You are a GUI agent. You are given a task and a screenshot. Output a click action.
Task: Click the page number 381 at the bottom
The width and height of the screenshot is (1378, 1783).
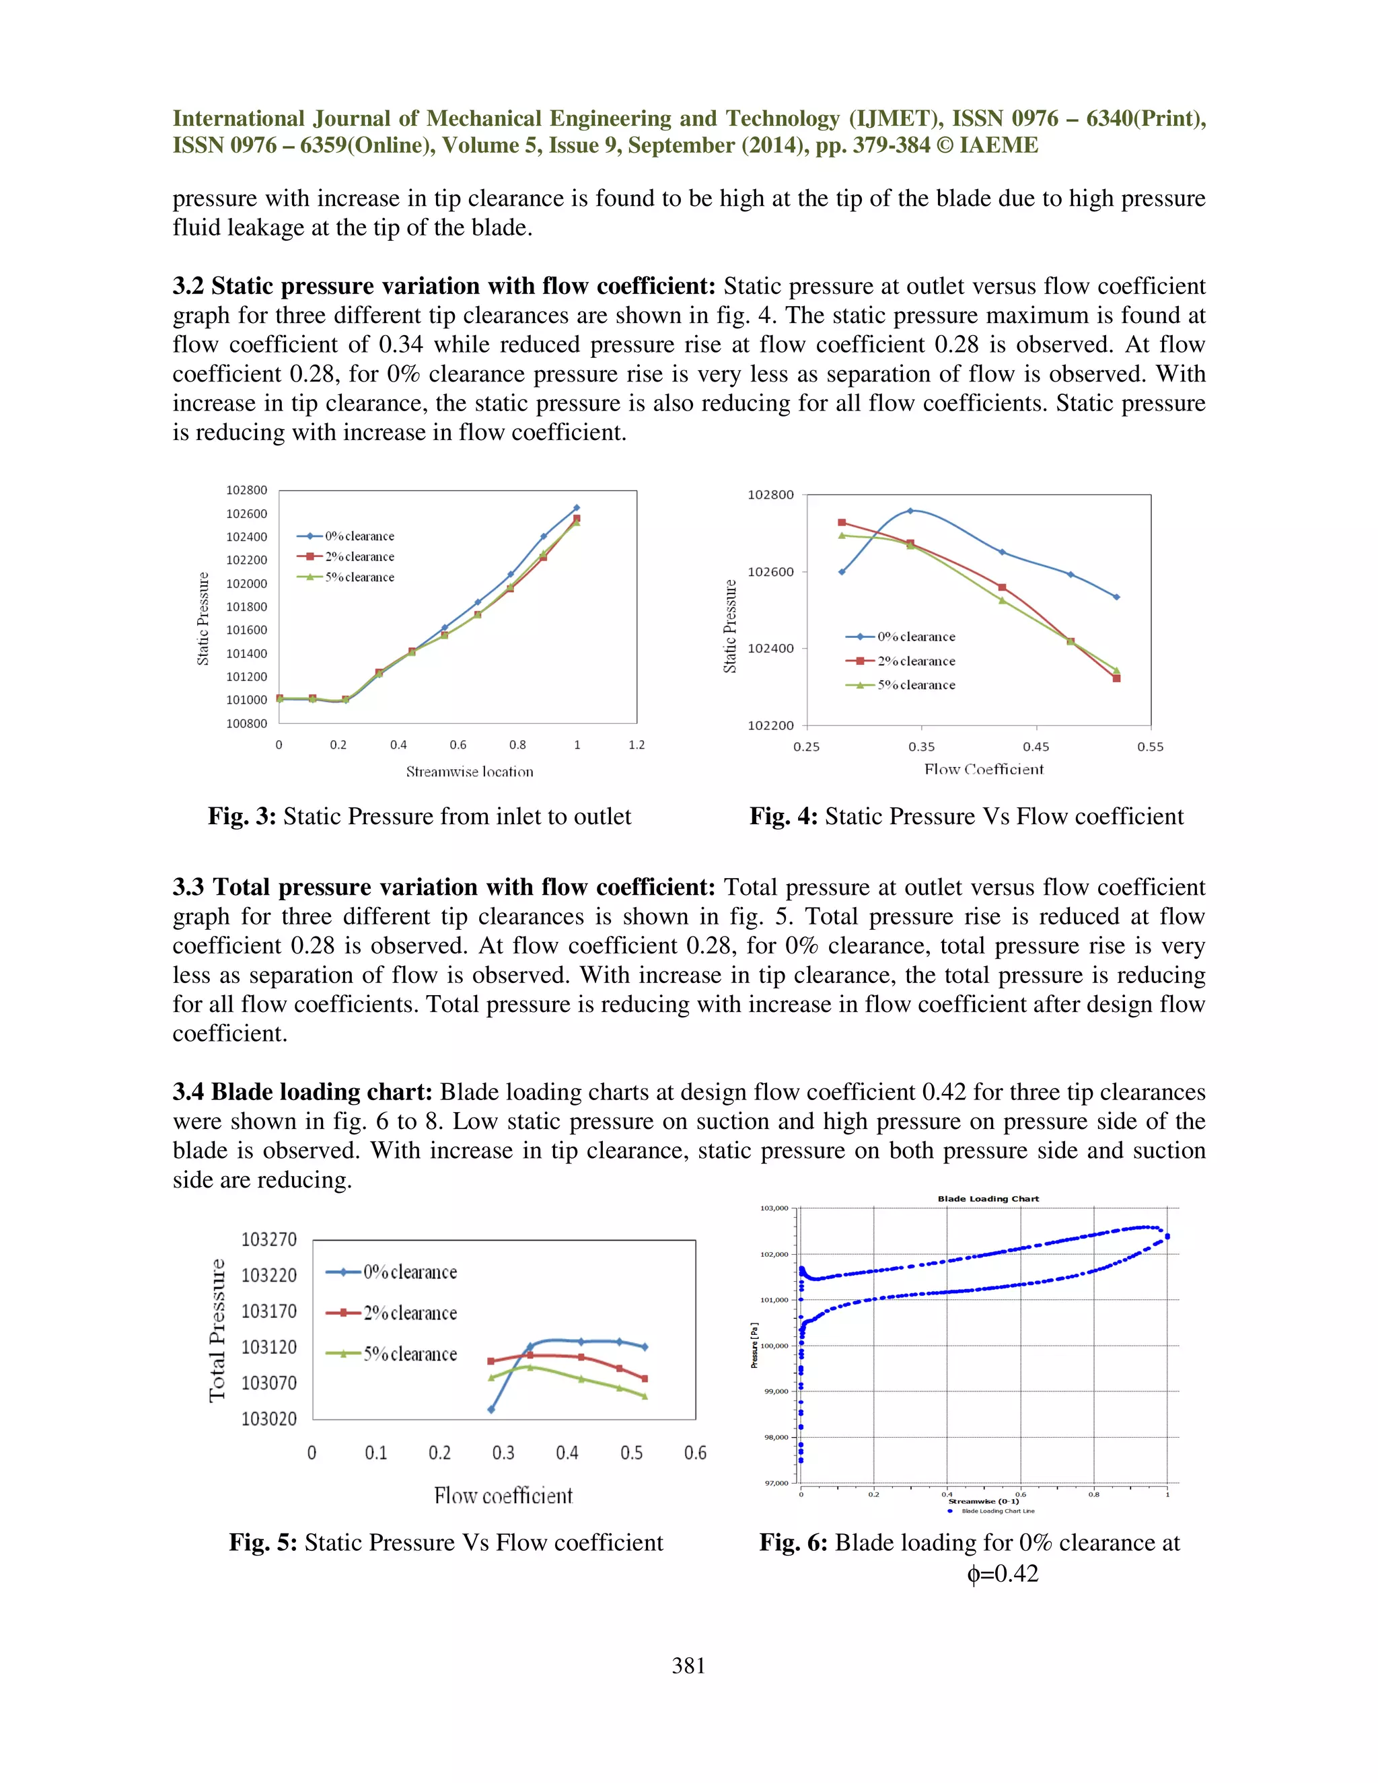[688, 1665]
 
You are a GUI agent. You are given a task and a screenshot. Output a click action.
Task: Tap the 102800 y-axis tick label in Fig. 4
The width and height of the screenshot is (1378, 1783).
[770, 495]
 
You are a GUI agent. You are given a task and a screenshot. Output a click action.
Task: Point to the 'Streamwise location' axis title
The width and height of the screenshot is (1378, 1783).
[470, 772]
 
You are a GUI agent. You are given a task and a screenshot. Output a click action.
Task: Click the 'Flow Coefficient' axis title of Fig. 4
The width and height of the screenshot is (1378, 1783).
[984, 769]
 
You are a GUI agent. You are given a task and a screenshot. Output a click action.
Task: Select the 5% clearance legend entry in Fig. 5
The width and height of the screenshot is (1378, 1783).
[392, 1354]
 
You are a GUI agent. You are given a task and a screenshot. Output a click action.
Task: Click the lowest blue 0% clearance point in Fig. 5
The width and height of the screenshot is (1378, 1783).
[491, 1410]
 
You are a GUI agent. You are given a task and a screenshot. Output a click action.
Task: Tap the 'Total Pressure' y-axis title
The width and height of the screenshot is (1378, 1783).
[217, 1331]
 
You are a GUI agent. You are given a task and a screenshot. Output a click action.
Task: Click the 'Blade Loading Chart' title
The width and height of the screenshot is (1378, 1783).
[988, 1198]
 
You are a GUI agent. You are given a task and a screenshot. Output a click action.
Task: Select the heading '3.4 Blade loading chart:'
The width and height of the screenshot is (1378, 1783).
[302, 1092]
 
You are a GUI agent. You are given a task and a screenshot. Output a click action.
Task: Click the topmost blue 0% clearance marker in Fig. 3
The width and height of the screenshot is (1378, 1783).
[577, 508]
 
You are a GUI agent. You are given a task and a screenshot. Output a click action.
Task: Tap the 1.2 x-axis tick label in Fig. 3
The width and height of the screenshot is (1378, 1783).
[637, 745]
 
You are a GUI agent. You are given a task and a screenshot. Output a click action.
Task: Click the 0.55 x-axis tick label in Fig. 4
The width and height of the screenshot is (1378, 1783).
[1150, 746]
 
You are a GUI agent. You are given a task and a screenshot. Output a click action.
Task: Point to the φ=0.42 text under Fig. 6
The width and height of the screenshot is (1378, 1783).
[1003, 1573]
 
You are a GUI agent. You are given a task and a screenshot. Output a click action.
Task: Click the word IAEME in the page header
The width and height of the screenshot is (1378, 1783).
[999, 145]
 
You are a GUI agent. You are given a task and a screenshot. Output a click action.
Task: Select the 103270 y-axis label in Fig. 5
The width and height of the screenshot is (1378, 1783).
[268, 1239]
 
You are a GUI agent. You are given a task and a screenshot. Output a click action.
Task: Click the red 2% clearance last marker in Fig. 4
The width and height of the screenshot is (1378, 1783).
[1116, 678]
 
